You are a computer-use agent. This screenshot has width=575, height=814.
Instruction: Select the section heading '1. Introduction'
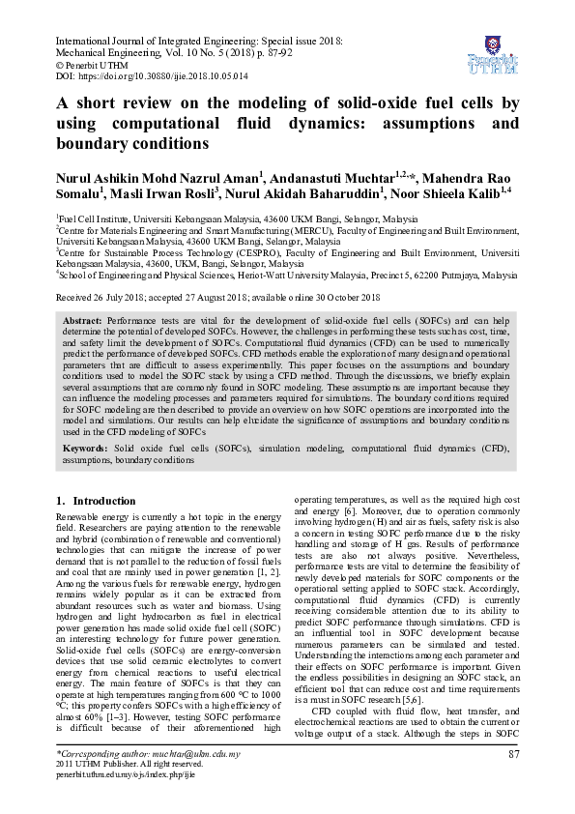(x=96, y=501)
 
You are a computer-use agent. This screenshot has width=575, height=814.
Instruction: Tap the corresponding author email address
(x=199, y=753)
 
